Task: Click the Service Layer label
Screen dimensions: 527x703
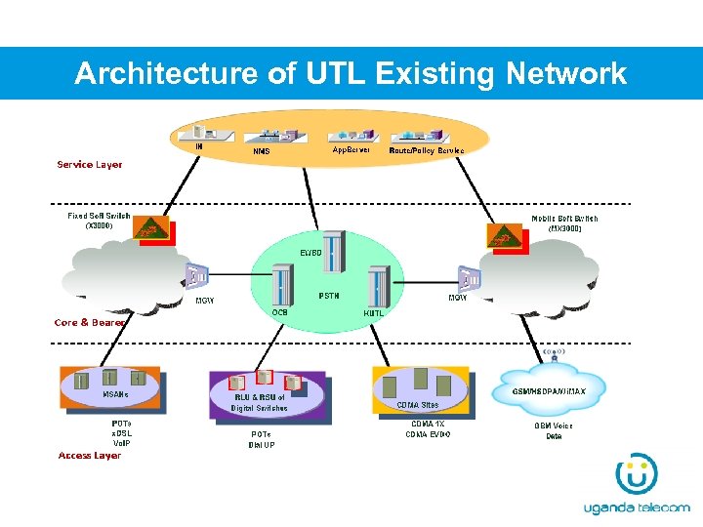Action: pyautogui.click(x=90, y=165)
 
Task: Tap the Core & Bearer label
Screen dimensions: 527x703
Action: pyautogui.click(x=89, y=322)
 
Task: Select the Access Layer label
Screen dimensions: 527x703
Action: pyautogui.click(x=89, y=456)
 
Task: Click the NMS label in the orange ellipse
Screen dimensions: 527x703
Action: pyautogui.click(x=262, y=151)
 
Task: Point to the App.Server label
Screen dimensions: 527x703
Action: pyautogui.click(x=351, y=150)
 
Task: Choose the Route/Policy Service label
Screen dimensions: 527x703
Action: pyautogui.click(x=427, y=151)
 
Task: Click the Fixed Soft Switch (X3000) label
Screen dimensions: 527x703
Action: pyautogui.click(x=99, y=220)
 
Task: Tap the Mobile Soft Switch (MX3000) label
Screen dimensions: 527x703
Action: pyautogui.click(x=564, y=223)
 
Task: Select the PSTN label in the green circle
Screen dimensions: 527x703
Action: pyautogui.click(x=329, y=296)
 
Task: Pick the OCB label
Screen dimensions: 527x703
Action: pyautogui.click(x=280, y=312)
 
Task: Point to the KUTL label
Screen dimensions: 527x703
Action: pyautogui.click(x=374, y=313)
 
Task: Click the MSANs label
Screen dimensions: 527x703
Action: pyautogui.click(x=115, y=394)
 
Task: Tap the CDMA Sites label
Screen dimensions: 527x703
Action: pyautogui.click(x=417, y=404)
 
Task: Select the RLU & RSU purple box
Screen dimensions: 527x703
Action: pyautogui.click(x=267, y=393)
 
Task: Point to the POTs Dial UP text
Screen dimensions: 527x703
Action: pyautogui.click(x=262, y=439)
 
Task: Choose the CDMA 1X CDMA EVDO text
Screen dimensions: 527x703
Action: pyautogui.click(x=429, y=428)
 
